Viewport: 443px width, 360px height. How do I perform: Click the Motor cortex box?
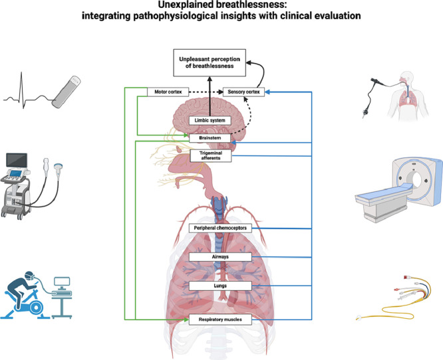(x=166, y=92)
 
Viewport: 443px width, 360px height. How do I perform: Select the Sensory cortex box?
(x=243, y=92)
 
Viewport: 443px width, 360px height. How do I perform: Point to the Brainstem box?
(x=210, y=138)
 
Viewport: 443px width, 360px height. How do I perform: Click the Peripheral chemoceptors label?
(x=220, y=228)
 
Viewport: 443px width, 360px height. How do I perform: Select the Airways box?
(x=220, y=256)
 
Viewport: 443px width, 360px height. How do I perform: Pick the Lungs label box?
(x=220, y=285)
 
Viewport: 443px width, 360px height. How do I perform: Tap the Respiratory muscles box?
(x=220, y=319)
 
